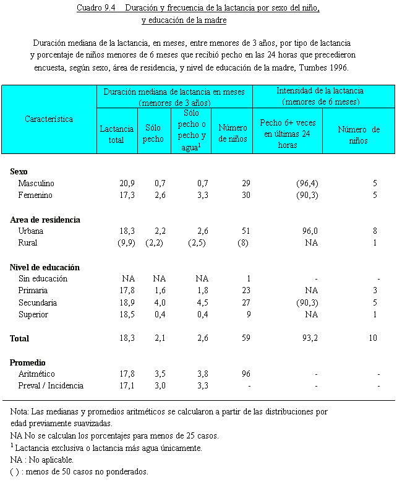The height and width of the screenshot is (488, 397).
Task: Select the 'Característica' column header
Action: pyautogui.click(x=49, y=119)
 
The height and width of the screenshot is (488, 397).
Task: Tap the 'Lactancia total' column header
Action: pyautogui.click(x=116, y=134)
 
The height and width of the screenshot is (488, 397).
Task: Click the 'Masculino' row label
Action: pyautogui.click(x=36, y=184)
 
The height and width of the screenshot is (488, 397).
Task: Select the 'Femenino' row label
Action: pyautogui.click(x=35, y=195)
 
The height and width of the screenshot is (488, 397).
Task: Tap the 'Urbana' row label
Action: pyautogui.click(x=31, y=231)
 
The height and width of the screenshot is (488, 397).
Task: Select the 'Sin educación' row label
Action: pyautogui.click(x=43, y=279)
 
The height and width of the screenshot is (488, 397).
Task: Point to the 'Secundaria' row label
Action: pyautogui.click(x=38, y=303)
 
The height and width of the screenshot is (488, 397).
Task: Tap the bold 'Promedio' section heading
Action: pyautogui.click(x=28, y=362)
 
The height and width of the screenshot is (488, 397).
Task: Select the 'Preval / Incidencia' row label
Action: pyautogui.click(x=51, y=386)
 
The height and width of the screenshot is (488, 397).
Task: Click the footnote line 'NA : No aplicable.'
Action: pyautogui.click(x=42, y=460)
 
